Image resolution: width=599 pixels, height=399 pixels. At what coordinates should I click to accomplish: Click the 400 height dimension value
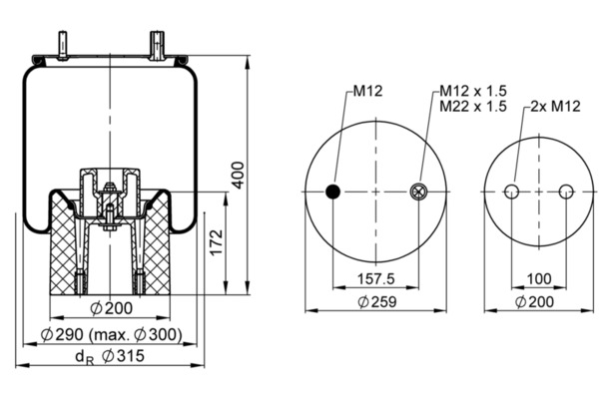[238, 176]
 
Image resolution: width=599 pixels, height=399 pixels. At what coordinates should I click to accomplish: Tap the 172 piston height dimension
[217, 242]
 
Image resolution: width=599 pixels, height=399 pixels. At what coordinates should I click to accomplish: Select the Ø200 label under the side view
[112, 308]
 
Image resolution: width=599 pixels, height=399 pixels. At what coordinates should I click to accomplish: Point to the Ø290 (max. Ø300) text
[112, 335]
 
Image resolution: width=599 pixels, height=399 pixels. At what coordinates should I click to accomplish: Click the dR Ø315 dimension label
[110, 356]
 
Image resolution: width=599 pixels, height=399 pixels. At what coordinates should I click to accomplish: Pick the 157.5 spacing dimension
[376, 278]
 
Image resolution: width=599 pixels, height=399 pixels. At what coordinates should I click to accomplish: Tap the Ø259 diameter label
[377, 302]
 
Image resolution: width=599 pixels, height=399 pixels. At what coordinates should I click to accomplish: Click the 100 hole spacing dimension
[539, 278]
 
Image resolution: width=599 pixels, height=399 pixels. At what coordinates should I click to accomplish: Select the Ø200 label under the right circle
[534, 302]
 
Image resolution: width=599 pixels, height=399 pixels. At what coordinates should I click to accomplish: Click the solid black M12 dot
[333, 192]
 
